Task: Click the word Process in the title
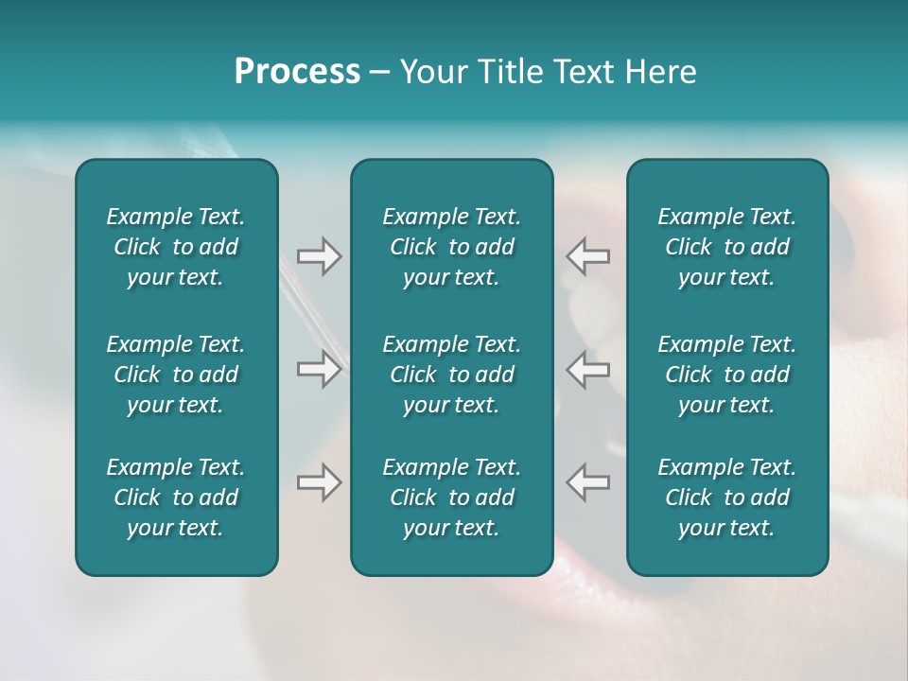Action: (x=297, y=72)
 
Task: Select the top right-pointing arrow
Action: (x=320, y=255)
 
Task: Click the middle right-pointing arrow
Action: (x=320, y=369)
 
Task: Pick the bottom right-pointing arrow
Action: (x=320, y=482)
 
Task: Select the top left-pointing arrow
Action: (x=588, y=255)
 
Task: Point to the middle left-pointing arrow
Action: (x=588, y=369)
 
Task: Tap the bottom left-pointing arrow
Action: (x=588, y=482)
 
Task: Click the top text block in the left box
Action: (x=176, y=247)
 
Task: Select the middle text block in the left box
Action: (x=176, y=375)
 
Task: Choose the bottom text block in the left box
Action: (x=176, y=498)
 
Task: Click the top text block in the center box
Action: (x=452, y=247)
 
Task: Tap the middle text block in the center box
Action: (x=452, y=375)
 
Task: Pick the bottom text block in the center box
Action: (x=452, y=498)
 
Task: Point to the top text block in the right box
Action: (x=727, y=247)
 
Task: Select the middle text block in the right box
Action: (x=727, y=375)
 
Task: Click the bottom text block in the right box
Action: (x=727, y=498)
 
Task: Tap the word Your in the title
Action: (x=432, y=72)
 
